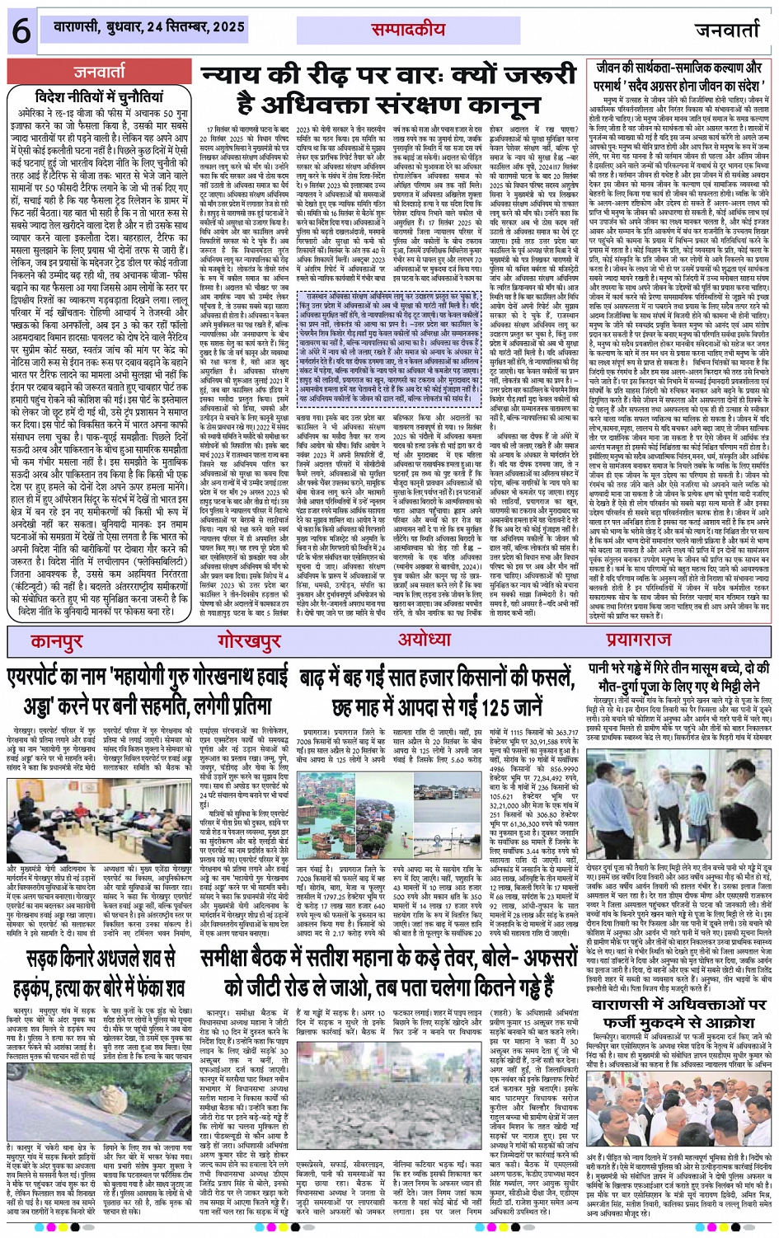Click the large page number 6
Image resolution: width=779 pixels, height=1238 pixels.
click(20, 30)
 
